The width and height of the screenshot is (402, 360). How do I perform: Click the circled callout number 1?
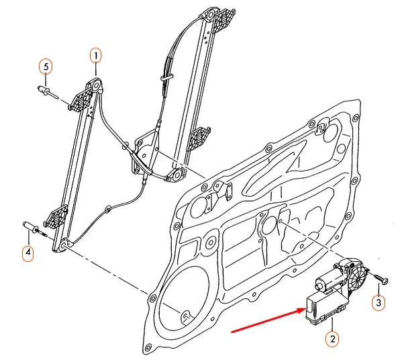pyautogui.click(x=95, y=56)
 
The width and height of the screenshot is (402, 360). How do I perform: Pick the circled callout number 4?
pyautogui.click(x=28, y=253)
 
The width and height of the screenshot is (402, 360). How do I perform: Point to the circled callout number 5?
pyautogui.click(x=46, y=67)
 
